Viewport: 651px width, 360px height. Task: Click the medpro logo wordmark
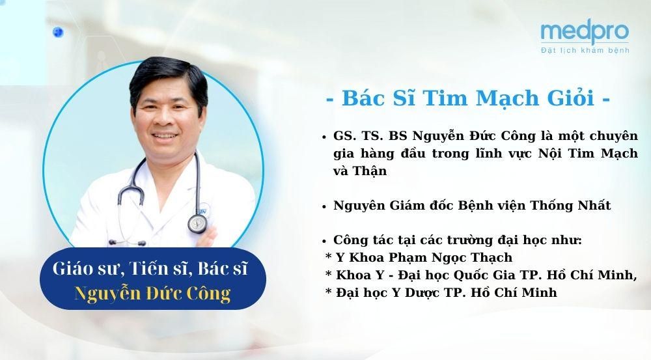pos(585,33)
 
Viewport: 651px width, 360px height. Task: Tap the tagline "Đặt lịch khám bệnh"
pos(585,50)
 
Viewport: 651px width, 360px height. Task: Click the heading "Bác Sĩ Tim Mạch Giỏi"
pos(468,98)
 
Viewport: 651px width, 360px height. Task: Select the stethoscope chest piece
pos(197,223)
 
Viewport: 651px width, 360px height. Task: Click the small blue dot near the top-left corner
pos(58,32)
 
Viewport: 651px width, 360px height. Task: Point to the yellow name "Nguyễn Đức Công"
pos(152,293)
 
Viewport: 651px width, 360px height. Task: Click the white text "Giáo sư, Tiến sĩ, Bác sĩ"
pos(150,269)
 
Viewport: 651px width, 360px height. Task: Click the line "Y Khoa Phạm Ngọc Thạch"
pos(424,258)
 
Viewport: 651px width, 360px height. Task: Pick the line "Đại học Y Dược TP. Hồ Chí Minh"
pos(447,293)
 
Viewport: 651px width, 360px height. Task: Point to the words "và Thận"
pos(360,171)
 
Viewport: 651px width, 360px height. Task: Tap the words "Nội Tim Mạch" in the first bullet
pos(588,154)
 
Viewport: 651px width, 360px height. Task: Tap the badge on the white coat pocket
pos(203,211)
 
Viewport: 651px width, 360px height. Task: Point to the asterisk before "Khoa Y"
pos(328,274)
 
